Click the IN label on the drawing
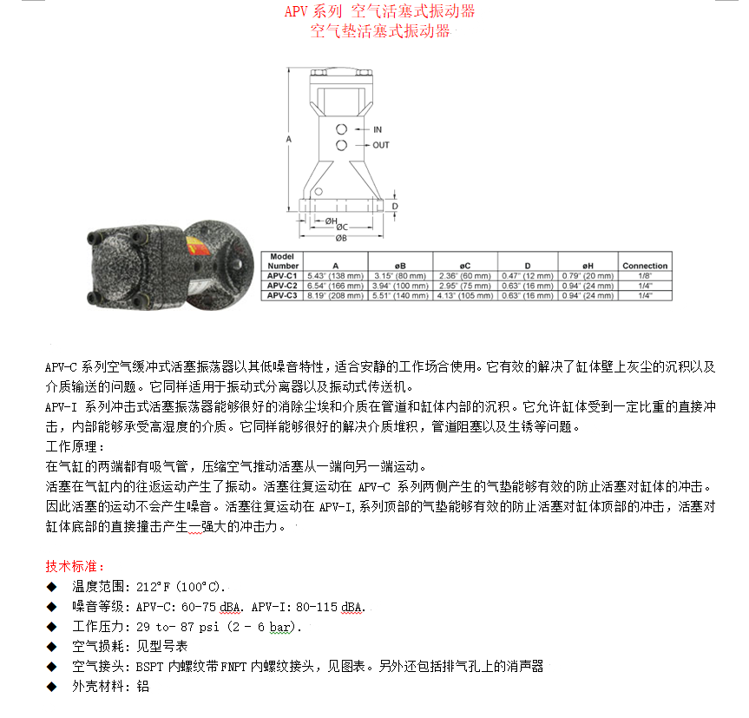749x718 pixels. (x=378, y=129)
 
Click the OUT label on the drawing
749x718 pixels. (x=381, y=145)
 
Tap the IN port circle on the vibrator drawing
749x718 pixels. (x=341, y=129)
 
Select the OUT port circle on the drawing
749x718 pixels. (x=341, y=145)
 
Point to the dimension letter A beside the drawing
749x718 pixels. (x=288, y=139)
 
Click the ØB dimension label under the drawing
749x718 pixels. (x=341, y=238)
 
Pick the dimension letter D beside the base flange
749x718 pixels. (x=395, y=207)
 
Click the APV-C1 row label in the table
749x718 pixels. (x=282, y=275)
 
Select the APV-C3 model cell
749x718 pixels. (x=282, y=296)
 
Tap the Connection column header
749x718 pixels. (x=645, y=266)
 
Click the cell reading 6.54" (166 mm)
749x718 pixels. (x=335, y=286)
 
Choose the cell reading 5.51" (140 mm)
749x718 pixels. (x=400, y=296)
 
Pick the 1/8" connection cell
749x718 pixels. (x=645, y=275)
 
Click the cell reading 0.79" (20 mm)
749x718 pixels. (x=588, y=275)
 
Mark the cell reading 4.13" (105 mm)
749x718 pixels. (x=465, y=296)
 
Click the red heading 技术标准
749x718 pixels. (x=75, y=566)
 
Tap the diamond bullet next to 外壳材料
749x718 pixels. (x=51, y=687)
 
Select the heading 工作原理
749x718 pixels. (x=75, y=446)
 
